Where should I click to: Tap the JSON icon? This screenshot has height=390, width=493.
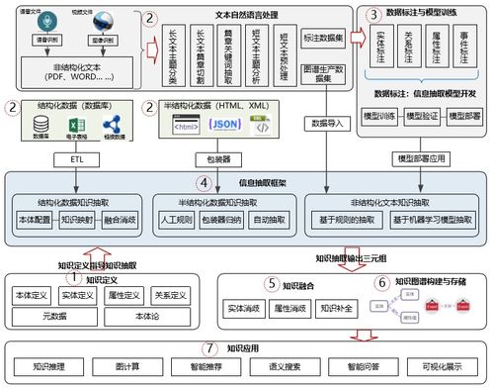[224, 126]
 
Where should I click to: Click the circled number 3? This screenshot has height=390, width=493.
[372, 15]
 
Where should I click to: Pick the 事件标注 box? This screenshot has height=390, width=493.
[463, 53]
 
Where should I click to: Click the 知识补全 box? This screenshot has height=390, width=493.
[336, 310]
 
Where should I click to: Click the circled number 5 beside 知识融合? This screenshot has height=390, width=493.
[270, 283]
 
